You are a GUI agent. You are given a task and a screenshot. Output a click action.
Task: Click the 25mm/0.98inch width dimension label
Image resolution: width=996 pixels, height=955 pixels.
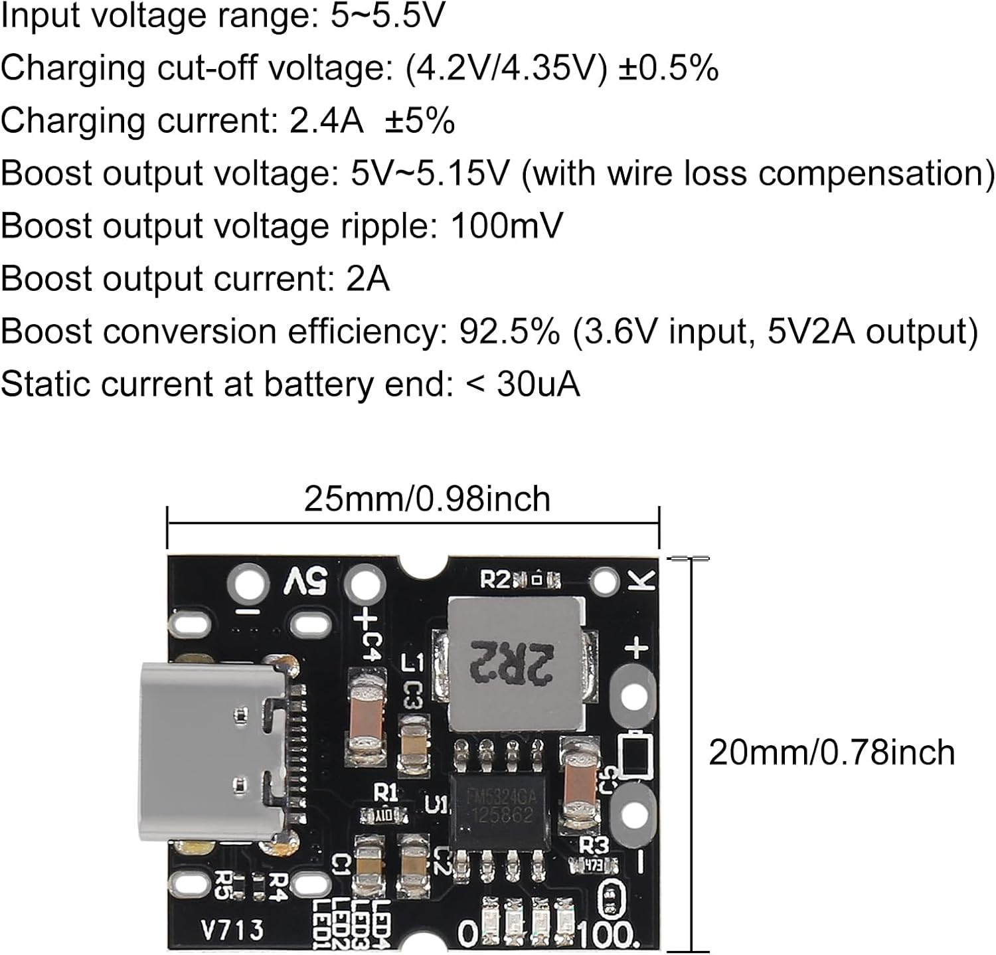(427, 499)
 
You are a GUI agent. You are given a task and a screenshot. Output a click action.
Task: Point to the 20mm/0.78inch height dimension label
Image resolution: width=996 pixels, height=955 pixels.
(831, 752)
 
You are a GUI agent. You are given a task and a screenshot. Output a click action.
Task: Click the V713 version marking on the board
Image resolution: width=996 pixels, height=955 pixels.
(232, 930)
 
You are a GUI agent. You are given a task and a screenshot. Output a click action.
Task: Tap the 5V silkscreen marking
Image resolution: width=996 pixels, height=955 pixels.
(306, 582)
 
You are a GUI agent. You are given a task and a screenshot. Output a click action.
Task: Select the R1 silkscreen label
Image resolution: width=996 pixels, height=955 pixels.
(385, 792)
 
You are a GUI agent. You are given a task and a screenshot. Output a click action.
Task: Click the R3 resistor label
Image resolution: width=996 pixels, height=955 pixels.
(594, 845)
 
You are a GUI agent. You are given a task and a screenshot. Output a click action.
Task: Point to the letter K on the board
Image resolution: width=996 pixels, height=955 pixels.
(642, 580)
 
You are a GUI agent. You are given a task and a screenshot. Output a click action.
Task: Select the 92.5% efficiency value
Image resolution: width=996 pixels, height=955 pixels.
(509, 331)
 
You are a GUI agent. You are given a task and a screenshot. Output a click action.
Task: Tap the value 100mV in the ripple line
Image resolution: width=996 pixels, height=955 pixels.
(506, 226)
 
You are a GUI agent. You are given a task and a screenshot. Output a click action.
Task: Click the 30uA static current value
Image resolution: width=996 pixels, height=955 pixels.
(538, 384)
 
